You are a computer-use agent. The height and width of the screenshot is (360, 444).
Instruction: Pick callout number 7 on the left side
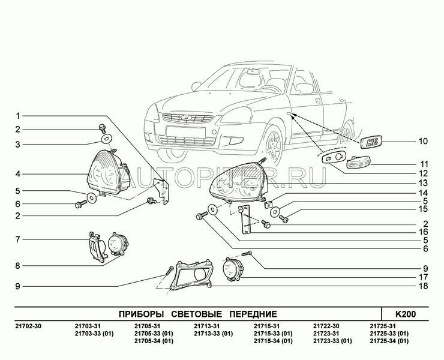[x=18, y=240]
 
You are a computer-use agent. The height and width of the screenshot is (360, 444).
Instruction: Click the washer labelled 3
[x=106, y=139]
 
